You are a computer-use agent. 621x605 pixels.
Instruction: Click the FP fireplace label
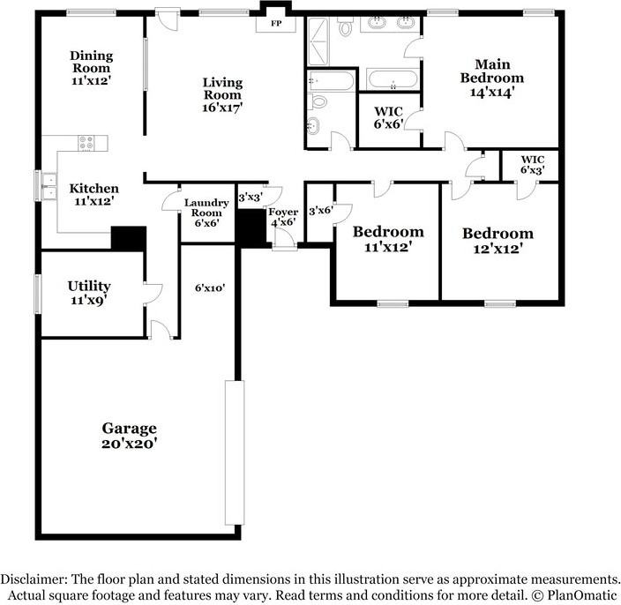tap(275, 23)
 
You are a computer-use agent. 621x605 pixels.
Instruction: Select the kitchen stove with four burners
tap(87, 142)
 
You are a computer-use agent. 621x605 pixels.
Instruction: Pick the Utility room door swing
tap(152, 290)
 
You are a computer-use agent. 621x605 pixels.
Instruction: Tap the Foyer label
tap(284, 213)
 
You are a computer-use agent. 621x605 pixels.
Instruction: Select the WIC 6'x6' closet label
tap(388, 118)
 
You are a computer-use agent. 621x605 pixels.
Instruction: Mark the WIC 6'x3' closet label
tap(531, 164)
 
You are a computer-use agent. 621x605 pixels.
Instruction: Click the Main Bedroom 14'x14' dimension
tap(492, 91)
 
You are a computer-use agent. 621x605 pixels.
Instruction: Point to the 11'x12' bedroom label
tap(388, 240)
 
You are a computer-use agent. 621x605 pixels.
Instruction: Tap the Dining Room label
tap(91, 62)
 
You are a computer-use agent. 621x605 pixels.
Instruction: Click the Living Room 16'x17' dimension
tap(222, 107)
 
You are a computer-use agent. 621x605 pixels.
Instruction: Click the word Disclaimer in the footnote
tap(34, 579)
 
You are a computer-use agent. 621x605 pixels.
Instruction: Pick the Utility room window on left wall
tap(38, 293)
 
